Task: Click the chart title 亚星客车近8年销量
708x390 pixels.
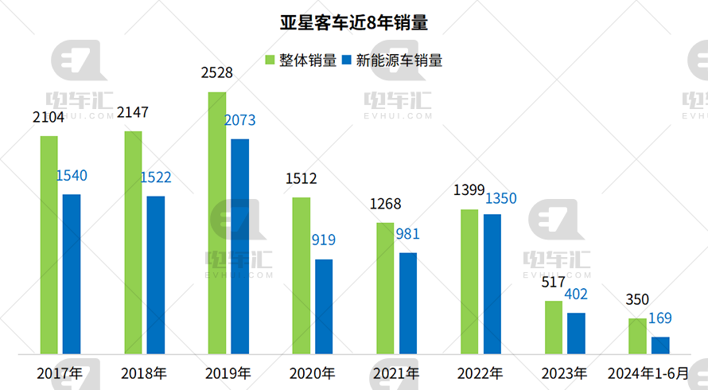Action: tap(354, 22)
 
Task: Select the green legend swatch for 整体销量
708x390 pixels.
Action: tap(270, 60)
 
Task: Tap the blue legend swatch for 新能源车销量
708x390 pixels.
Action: tap(347, 60)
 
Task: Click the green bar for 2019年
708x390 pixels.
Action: tap(217, 223)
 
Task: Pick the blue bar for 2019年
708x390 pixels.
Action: tap(239, 247)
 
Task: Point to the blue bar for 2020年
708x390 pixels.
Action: tap(324, 306)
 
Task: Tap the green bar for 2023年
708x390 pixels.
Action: tap(554, 327)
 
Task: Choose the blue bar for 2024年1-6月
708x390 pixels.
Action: tap(660, 345)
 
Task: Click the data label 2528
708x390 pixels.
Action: tap(217, 73)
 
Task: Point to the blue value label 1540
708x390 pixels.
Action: tap(72, 176)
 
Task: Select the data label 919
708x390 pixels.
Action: tap(324, 240)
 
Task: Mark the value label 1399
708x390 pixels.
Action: tap(469, 190)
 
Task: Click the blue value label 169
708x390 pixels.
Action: tap(659, 318)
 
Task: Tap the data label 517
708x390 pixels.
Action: tap(553, 282)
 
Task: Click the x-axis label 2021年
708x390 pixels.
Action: tap(395, 372)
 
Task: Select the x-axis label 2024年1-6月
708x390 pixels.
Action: tap(648, 372)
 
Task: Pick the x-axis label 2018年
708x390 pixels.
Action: tap(144, 372)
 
